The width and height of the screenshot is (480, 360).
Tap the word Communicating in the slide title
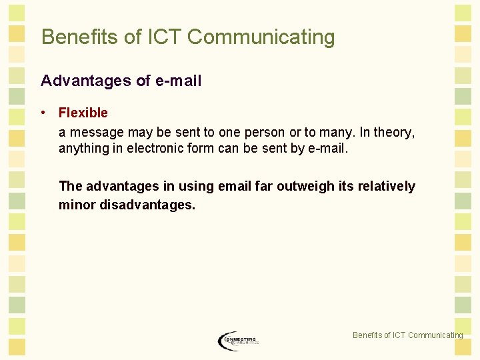pyautogui.click(x=261, y=37)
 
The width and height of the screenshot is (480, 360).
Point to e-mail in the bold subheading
pyautogui.click(x=178, y=81)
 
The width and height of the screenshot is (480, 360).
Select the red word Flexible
pyautogui.click(x=83, y=113)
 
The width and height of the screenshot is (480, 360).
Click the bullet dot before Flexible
pyautogui.click(x=43, y=113)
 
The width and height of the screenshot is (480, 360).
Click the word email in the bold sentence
pyautogui.click(x=234, y=187)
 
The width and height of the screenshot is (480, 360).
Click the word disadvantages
pyautogui.click(x=147, y=205)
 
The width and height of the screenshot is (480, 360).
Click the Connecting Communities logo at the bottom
pyautogui.click(x=237, y=341)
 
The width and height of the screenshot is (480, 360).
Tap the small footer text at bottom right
pyautogui.click(x=407, y=335)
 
